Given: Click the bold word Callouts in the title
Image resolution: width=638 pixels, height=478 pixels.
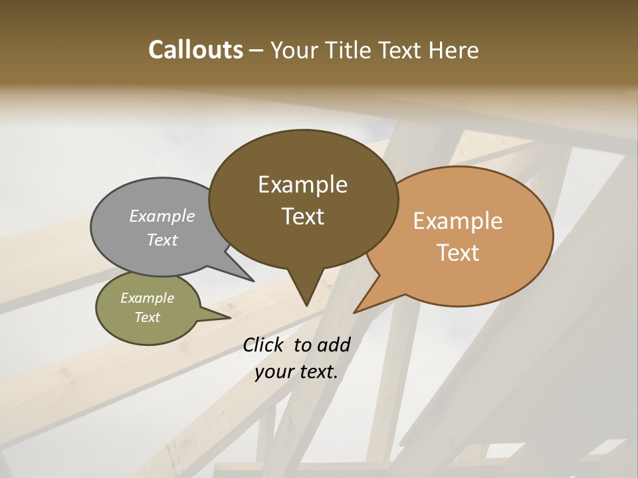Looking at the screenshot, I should (x=195, y=50).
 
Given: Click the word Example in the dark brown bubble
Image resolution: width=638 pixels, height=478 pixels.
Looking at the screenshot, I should (x=303, y=184).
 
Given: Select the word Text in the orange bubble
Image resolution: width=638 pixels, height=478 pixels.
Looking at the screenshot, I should (x=459, y=253).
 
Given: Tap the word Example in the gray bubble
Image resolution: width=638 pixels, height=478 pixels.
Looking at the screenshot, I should (x=162, y=216).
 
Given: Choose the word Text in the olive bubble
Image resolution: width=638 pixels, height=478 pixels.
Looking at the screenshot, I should (x=148, y=317).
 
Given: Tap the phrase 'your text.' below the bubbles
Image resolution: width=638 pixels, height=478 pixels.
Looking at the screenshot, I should (x=296, y=371).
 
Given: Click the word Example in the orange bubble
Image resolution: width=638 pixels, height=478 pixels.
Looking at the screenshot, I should (x=458, y=221).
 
